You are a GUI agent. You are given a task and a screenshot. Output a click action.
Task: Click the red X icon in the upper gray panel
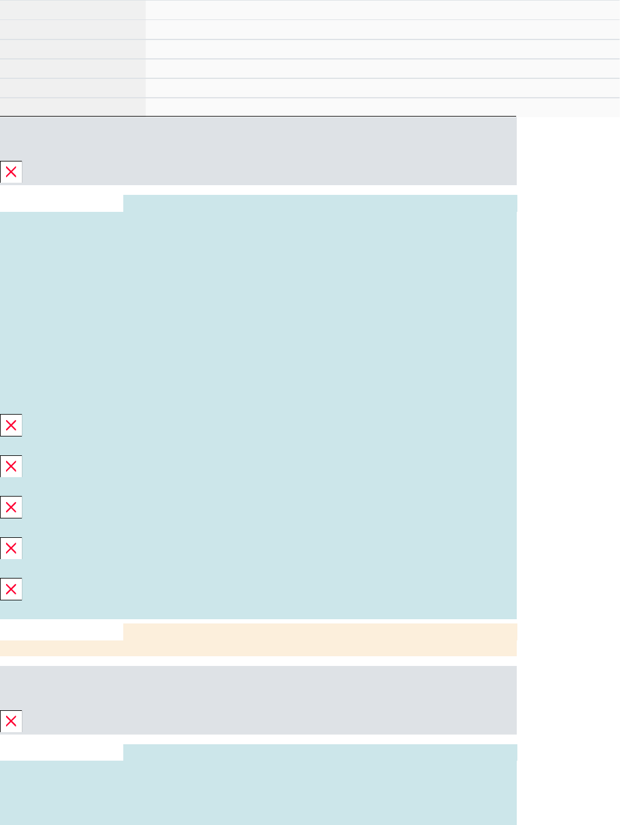[x=11, y=172]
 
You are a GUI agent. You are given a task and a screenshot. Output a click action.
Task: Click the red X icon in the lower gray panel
[x=11, y=721]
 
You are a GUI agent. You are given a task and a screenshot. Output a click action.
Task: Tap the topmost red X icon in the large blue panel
[x=11, y=426]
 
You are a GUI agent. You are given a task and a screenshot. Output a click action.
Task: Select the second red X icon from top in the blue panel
[x=11, y=466]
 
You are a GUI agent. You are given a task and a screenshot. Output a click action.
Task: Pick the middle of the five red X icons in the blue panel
[x=11, y=507]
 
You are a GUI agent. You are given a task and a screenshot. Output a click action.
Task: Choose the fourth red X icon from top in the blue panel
[x=11, y=548]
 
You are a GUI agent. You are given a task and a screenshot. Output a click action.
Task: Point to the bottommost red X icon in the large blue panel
[x=11, y=589]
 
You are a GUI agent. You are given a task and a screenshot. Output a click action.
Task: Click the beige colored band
[x=304, y=640]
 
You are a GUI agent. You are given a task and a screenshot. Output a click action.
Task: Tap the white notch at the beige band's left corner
[x=61, y=631]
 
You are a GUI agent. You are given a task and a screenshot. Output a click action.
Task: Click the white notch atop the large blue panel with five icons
[x=61, y=203]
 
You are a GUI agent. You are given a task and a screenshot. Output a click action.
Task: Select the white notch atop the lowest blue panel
[x=61, y=752]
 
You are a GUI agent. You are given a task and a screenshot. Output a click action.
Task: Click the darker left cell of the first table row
[x=72, y=10]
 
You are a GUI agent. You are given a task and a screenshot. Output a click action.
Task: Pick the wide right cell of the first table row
[x=383, y=10]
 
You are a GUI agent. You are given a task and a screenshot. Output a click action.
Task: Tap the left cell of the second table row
[x=72, y=30]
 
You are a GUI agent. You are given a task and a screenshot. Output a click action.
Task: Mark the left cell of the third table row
[x=72, y=49]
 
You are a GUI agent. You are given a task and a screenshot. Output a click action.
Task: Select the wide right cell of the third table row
[x=383, y=49]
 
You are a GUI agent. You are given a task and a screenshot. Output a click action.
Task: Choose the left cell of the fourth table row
[x=72, y=69]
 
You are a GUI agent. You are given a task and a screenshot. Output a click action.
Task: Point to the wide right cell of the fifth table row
[x=383, y=88]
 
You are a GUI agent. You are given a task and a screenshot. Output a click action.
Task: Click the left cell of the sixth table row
[x=72, y=107]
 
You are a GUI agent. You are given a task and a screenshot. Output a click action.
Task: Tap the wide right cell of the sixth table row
[x=383, y=107]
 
